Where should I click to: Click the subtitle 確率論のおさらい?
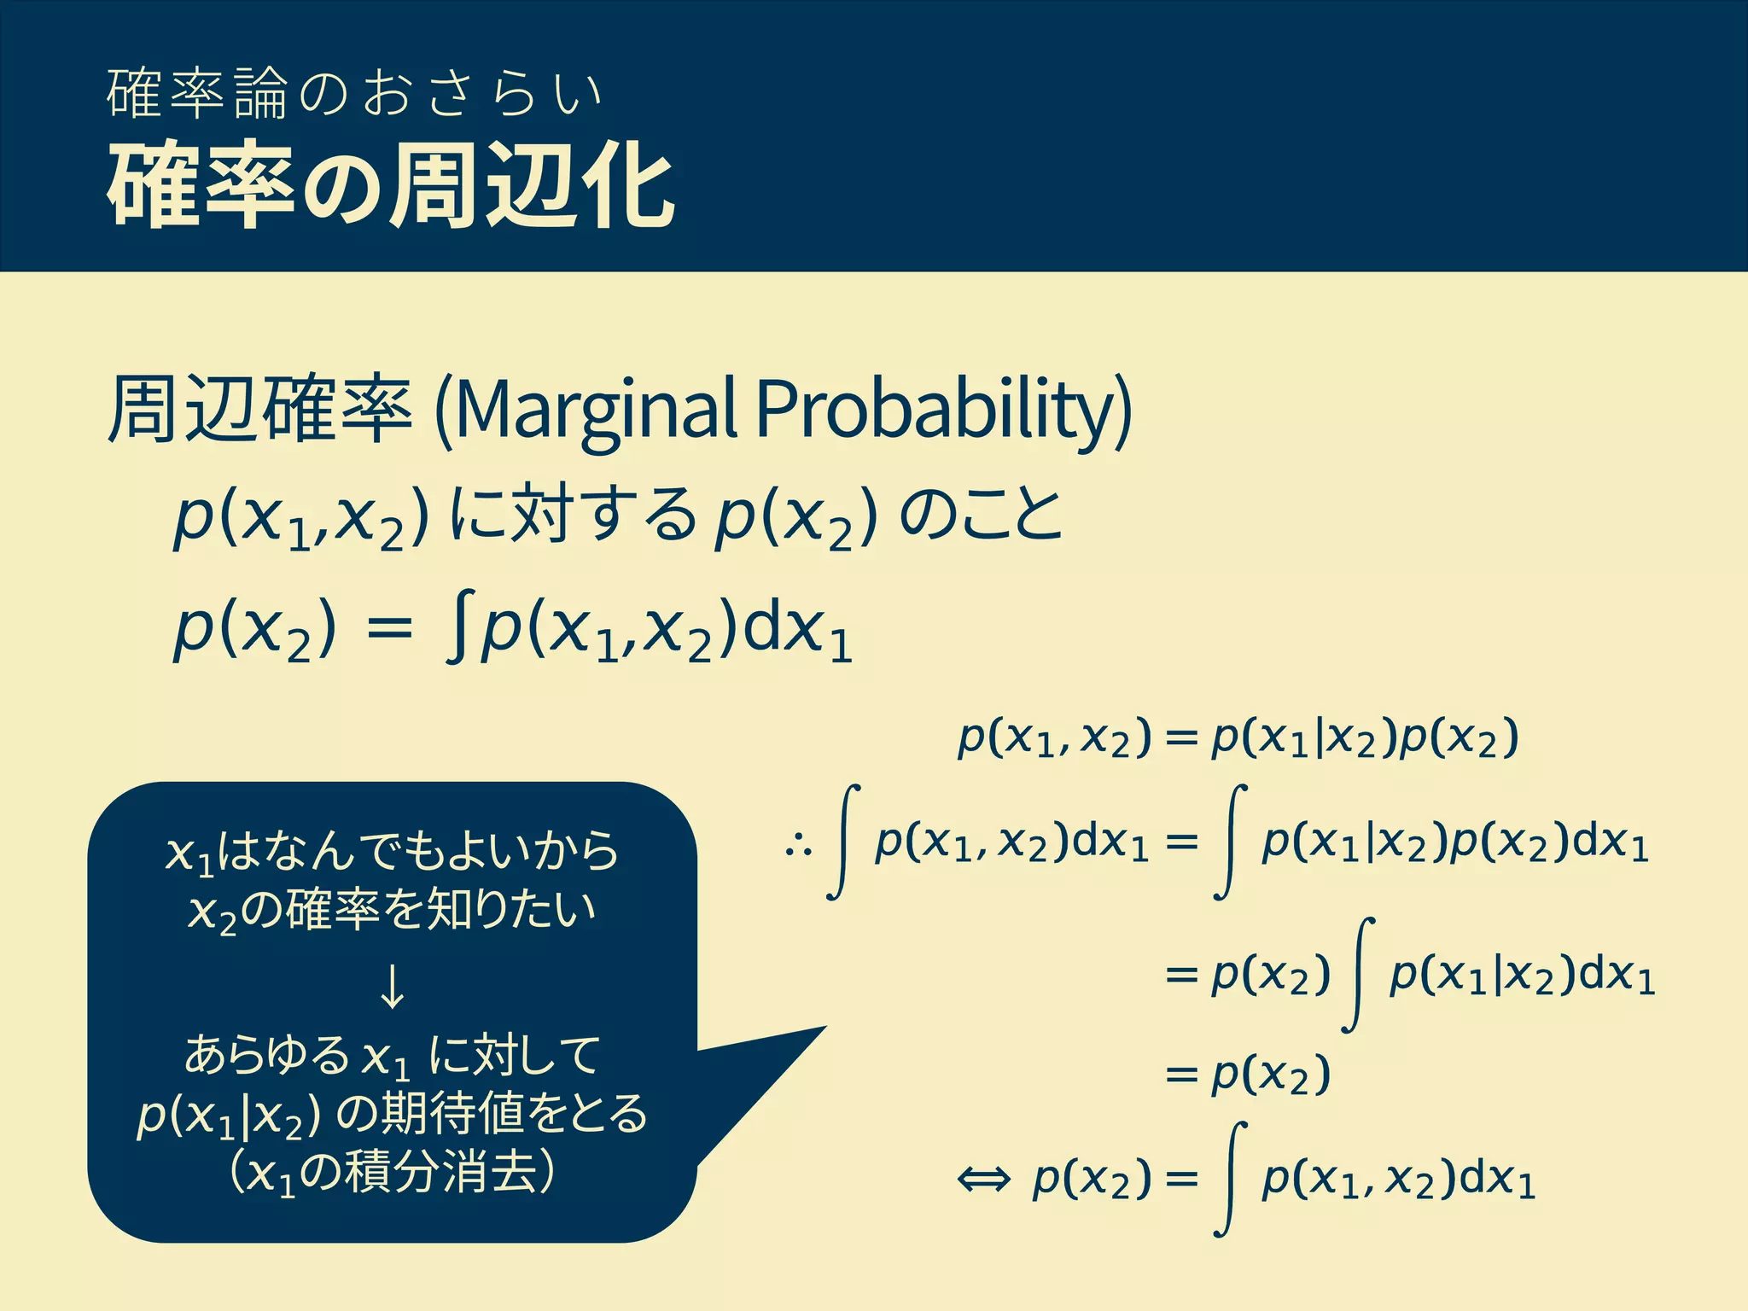(354, 94)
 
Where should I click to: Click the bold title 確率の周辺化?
(390, 186)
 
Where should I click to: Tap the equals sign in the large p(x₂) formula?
(388, 632)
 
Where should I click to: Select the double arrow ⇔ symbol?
(983, 1180)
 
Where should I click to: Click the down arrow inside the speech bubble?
(392, 988)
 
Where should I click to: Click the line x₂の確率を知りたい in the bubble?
(392, 912)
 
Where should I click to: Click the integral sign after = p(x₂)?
(1359, 975)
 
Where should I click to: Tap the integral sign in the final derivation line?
(1229, 1180)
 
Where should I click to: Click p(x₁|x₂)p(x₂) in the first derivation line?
(1366, 738)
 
